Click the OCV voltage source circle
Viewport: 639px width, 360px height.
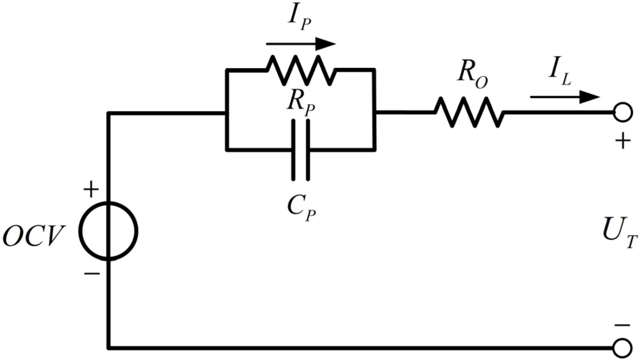109,231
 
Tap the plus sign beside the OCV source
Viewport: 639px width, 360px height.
91,189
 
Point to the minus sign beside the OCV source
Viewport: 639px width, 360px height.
91,273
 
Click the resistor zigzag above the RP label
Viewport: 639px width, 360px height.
301,70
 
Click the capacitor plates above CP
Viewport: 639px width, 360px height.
301,150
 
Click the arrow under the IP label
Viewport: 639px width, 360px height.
301,44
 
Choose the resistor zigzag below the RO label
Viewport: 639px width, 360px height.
469,112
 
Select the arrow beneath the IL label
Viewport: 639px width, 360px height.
565,97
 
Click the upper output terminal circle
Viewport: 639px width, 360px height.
620,112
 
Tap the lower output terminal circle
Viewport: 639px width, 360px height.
620,347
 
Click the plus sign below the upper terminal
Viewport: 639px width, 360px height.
621,142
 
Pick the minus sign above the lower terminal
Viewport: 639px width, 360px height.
621,324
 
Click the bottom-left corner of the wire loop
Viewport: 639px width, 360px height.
109,347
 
